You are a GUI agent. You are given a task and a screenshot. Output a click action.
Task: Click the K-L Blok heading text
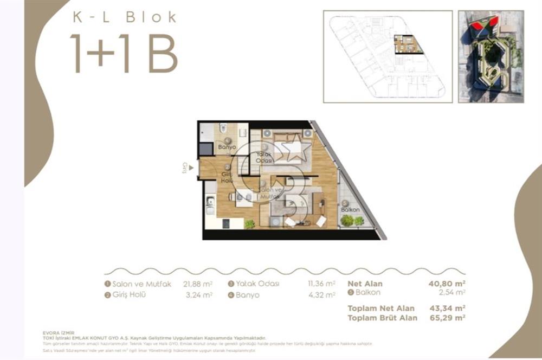(125, 17)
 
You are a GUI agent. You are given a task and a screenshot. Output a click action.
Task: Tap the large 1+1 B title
(124, 54)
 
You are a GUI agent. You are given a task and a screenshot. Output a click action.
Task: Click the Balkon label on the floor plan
(351, 209)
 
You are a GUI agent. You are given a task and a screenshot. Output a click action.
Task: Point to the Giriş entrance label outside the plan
(185, 168)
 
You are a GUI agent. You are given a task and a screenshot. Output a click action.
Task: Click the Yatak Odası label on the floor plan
(264, 157)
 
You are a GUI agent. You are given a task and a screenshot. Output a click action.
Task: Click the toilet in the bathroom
(223, 130)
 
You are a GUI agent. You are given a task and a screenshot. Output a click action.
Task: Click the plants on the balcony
(352, 221)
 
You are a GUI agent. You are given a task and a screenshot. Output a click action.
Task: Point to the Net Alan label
(365, 284)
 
